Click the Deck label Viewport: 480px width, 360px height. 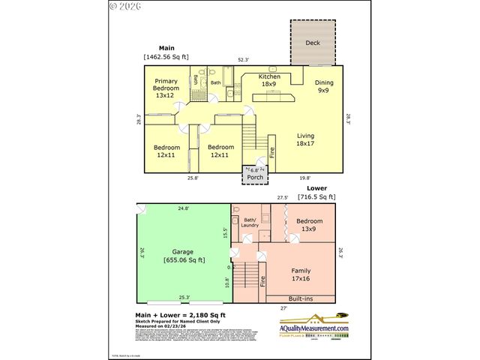(312, 43)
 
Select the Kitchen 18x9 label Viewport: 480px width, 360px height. (269, 79)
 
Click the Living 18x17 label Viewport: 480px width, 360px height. (304, 139)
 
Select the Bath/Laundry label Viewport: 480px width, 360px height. (250, 223)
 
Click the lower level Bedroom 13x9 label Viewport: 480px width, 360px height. (309, 225)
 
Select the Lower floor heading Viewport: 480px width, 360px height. (316, 189)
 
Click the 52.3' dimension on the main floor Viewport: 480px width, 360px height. (244, 59)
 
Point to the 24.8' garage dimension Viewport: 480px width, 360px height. (183, 208)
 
